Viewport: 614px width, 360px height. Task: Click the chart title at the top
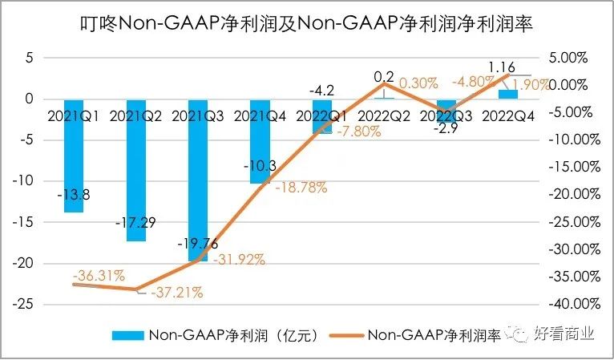(x=307, y=23)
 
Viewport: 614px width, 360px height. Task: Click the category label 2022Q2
(x=384, y=115)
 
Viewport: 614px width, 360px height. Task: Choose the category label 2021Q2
(x=135, y=115)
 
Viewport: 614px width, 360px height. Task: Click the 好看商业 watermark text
(x=566, y=334)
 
